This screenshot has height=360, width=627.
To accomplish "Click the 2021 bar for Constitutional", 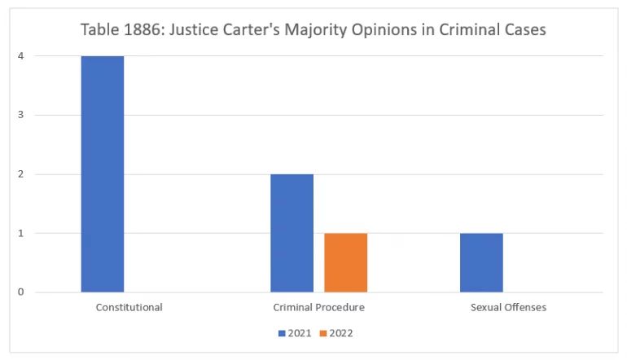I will pyautogui.click(x=103, y=173).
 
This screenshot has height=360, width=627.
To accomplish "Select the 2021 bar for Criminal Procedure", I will pyautogui.click(x=292, y=233).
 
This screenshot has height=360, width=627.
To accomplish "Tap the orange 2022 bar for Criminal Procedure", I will pyautogui.click(x=345, y=262).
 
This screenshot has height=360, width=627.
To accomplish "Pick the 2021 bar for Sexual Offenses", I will pyautogui.click(x=481, y=262).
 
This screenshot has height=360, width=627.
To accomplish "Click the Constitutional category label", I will pyautogui.click(x=129, y=308).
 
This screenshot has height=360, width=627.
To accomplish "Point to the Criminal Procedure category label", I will pyautogui.click(x=318, y=308).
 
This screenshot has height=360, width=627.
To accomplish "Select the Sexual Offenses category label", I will pyautogui.click(x=508, y=308).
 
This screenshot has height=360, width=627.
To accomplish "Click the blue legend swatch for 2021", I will pyautogui.click(x=282, y=333).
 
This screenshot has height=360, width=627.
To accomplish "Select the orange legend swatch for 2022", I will pyautogui.click(x=323, y=333).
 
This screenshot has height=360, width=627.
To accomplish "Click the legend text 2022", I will pyautogui.click(x=341, y=333).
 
